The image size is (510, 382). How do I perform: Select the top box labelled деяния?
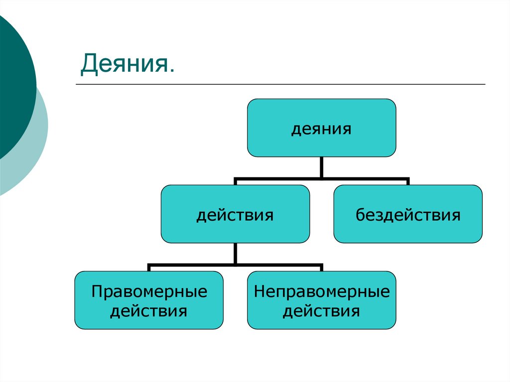322,127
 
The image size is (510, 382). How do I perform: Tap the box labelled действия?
235,214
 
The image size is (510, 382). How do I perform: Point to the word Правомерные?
149,291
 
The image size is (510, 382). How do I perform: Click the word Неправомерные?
322,291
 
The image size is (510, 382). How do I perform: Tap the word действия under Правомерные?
149,311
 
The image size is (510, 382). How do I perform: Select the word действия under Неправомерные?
322,311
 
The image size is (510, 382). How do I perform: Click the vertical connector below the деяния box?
322,167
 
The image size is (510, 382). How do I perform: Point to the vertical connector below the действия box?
235,253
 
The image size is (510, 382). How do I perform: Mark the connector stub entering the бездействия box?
407,181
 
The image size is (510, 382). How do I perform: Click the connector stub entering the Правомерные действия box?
149,268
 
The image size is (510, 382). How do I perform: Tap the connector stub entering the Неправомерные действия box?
322,268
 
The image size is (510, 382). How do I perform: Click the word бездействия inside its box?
407,215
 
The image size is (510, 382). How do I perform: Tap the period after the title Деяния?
171,71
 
